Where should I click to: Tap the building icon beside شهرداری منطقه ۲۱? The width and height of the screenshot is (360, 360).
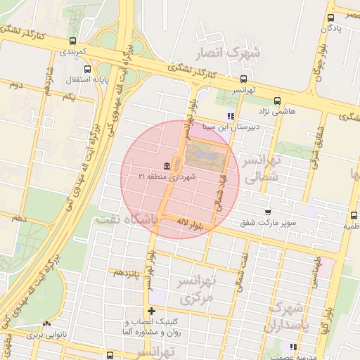point(166,166)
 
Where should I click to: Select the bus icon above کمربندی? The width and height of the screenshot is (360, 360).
point(74,41)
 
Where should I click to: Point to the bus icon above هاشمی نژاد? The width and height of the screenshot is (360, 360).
point(277,101)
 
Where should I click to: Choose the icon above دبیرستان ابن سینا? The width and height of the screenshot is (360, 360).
point(229,116)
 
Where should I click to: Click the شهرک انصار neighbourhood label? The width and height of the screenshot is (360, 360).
point(235,51)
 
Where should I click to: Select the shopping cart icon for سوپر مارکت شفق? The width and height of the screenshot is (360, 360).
point(267,212)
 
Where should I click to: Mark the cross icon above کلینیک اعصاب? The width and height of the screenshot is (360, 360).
point(151,311)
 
